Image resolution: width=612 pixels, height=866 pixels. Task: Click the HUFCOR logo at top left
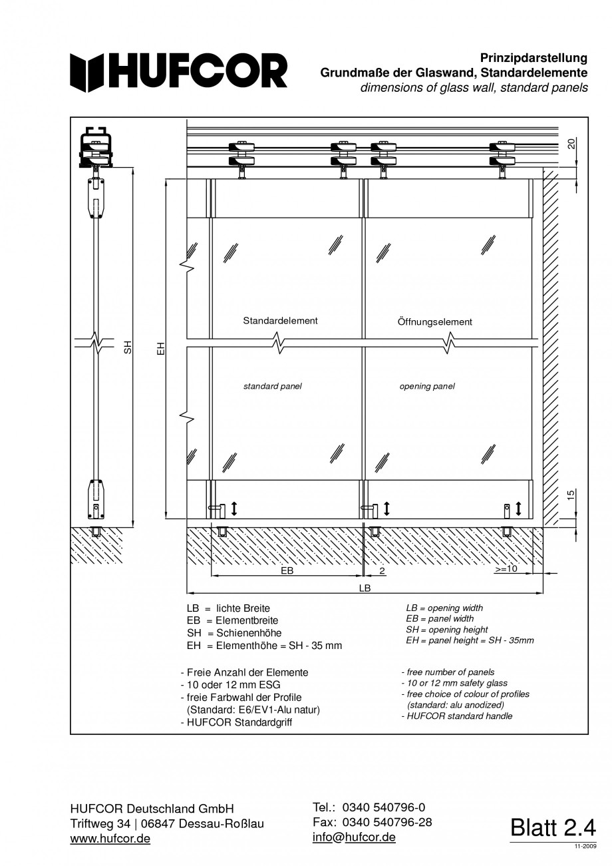pos(179,72)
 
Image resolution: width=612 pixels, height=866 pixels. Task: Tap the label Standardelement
pos(280,321)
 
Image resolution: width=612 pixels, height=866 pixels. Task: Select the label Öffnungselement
pos(434,322)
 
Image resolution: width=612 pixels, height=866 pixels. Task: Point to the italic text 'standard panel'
pos(272,387)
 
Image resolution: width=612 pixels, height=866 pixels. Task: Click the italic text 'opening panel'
pos(427,387)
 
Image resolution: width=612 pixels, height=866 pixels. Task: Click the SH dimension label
pos(128,347)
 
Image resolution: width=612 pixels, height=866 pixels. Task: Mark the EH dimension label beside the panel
pos(160,347)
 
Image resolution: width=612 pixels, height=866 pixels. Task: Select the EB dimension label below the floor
pos(287,571)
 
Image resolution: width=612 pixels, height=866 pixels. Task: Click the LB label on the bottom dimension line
pos(365,588)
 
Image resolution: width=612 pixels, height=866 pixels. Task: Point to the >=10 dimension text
pos(506,570)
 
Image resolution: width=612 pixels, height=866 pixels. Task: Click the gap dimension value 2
pos(382,571)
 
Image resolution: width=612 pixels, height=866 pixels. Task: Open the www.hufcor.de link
pos(110,839)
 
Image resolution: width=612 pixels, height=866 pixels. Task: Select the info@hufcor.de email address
pos(354,837)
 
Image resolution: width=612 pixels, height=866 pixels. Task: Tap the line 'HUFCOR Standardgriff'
pos(236,722)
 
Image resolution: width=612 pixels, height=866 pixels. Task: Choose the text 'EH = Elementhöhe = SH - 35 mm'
pos(265,646)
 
